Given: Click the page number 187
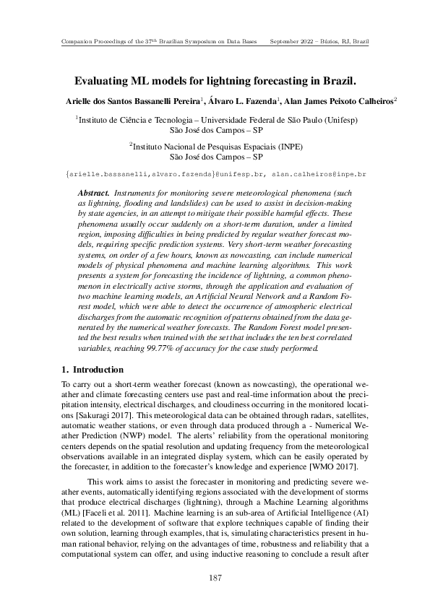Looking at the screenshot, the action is coord(215,578).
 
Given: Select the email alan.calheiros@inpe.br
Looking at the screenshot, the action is coord(321,174).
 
